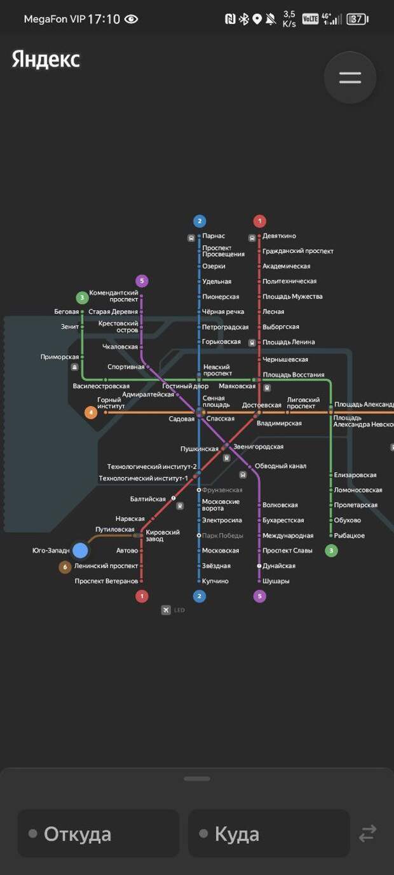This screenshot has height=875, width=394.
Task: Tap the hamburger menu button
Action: (x=350, y=78)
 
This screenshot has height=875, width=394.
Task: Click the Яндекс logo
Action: (x=46, y=60)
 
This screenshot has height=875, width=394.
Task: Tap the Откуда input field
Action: (x=98, y=833)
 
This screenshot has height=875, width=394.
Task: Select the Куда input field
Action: (x=269, y=833)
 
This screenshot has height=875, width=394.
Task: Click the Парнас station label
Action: (x=214, y=236)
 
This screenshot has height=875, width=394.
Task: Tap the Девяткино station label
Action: (x=279, y=236)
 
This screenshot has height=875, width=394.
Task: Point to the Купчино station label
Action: (x=215, y=581)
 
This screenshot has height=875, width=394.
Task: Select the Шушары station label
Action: (x=276, y=581)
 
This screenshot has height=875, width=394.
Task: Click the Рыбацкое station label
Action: (x=350, y=536)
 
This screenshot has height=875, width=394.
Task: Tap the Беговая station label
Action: (x=67, y=312)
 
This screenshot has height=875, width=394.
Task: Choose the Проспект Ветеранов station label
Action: (x=106, y=581)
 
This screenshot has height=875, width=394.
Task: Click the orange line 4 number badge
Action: (x=92, y=412)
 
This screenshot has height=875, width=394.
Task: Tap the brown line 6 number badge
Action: (x=65, y=567)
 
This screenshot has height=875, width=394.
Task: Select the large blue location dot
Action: (x=80, y=550)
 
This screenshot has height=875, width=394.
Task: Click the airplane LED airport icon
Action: (x=166, y=610)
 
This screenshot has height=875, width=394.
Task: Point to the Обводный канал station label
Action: (x=280, y=466)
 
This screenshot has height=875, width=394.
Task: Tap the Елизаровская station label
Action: (x=355, y=475)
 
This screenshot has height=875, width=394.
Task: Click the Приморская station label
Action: (x=60, y=357)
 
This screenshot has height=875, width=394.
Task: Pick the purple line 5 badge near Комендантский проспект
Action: (x=142, y=281)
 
